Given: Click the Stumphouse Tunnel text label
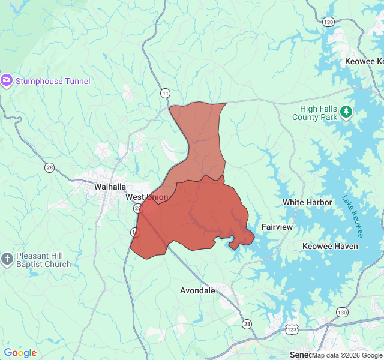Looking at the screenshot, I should click(x=53, y=81).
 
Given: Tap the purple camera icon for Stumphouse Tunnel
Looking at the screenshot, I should click(x=7, y=80).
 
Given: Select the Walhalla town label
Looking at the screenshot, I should click(x=109, y=187).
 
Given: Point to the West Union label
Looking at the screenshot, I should click(x=146, y=197).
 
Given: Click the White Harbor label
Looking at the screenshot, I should click(x=307, y=202).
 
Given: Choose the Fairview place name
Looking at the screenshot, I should click(x=277, y=227).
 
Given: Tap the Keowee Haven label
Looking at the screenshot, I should click(x=330, y=246).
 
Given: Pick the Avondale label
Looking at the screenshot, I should click(x=197, y=290).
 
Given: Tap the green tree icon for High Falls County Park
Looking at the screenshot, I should click(x=346, y=112).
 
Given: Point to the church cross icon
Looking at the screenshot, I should click(x=7, y=259).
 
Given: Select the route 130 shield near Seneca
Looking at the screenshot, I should click(x=342, y=313).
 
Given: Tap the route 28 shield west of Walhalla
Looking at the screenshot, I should click(x=49, y=167).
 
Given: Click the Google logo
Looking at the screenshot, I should click(x=20, y=353).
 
